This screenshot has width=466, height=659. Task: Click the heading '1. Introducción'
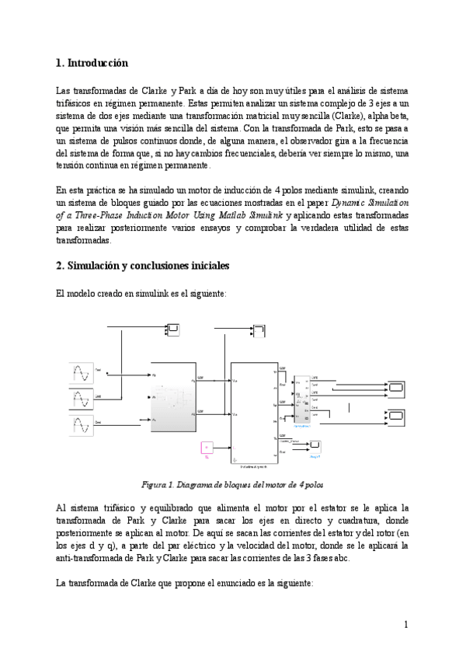tap(92, 62)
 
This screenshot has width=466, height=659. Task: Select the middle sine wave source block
tap(82, 400)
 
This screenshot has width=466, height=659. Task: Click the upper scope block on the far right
tap(397, 386)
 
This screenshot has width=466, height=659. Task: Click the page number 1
tap(405, 623)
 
